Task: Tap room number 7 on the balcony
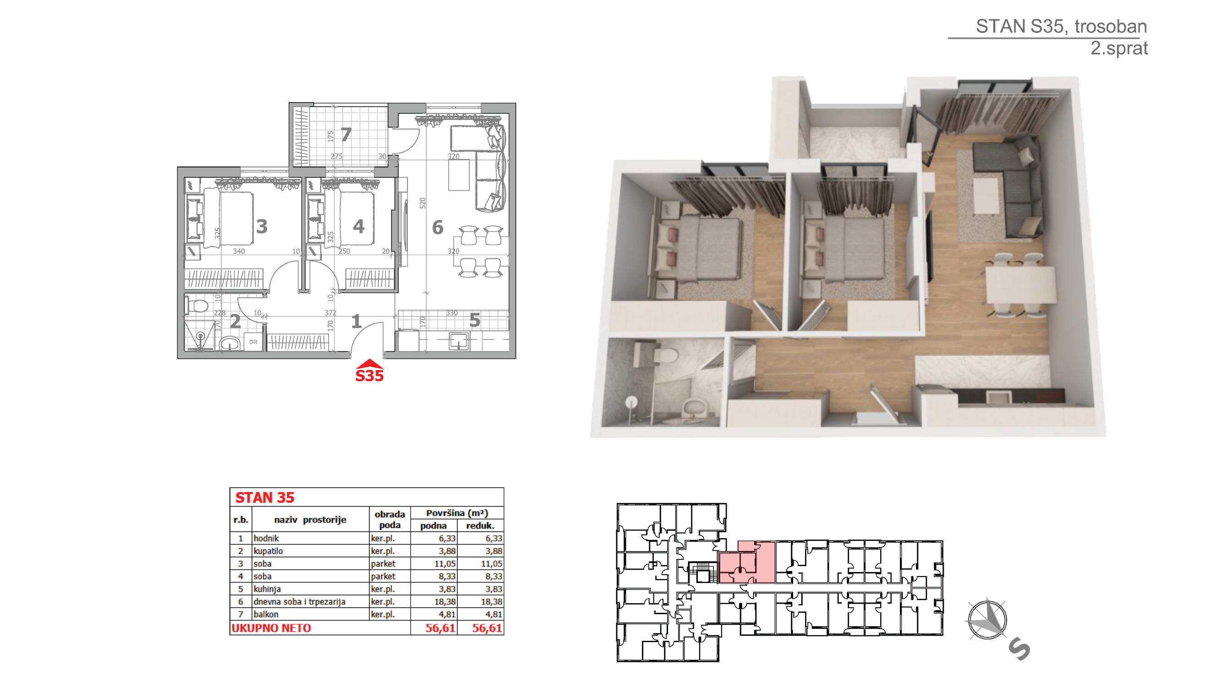346,135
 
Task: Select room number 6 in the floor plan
438,228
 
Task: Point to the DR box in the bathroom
253,342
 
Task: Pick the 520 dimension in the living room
422,203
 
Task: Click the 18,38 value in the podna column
445,601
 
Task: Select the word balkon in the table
266,614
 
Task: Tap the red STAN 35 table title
265,497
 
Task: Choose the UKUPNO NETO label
271,628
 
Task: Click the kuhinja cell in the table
267,589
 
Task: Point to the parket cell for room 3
383,563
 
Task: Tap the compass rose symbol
987,620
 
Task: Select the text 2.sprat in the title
1118,48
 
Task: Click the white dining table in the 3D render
1020,284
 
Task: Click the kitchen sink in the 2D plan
459,341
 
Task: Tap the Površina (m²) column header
457,513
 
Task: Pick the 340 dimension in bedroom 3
239,251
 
